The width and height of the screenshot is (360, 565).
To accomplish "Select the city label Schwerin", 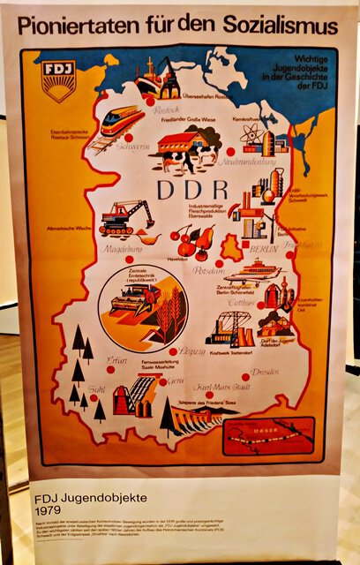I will pos(109,149).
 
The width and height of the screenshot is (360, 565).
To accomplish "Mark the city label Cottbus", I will pos(240,300).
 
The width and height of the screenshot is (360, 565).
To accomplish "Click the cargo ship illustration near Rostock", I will pos(157,79).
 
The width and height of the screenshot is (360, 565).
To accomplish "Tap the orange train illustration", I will pos(121,121).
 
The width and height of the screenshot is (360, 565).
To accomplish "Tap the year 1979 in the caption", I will pos(48,511).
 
